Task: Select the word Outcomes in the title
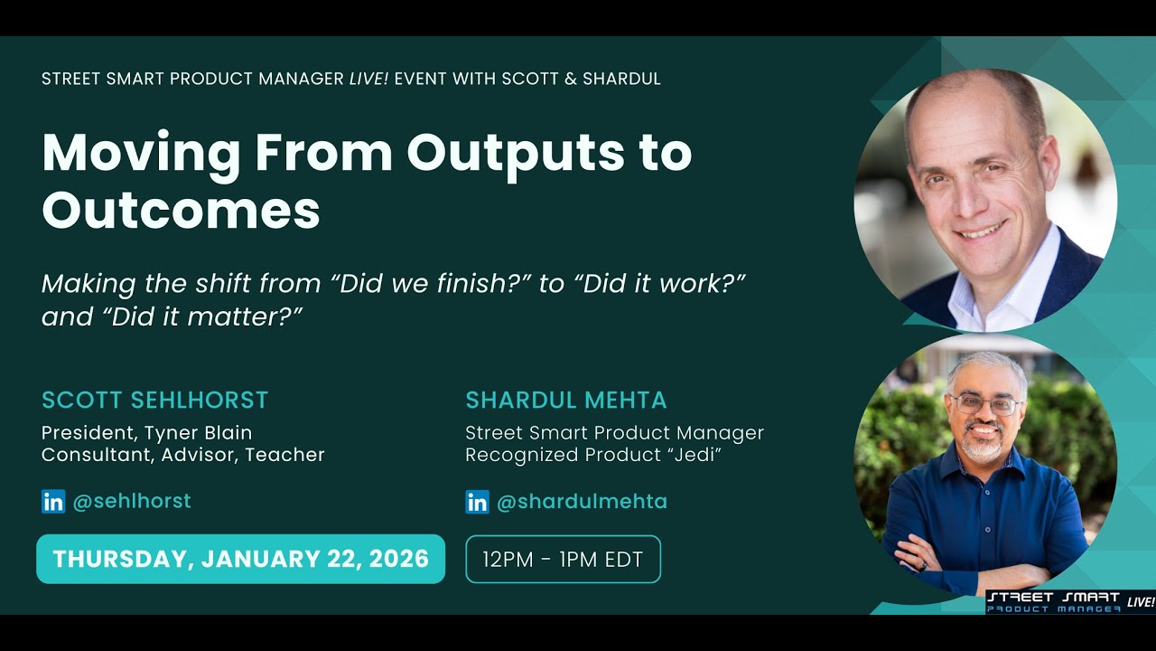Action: click(181, 210)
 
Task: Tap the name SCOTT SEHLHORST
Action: click(154, 400)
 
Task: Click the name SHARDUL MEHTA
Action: click(565, 400)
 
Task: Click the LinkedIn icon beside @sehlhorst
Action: click(53, 502)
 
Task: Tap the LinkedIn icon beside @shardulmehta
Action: click(477, 502)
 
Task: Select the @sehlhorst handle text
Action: click(131, 501)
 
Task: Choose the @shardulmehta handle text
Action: click(582, 501)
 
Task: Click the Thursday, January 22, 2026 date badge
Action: click(240, 559)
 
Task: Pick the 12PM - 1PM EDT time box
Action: click(563, 560)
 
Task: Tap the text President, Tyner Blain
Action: click(146, 432)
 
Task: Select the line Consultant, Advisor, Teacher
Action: click(182, 455)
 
